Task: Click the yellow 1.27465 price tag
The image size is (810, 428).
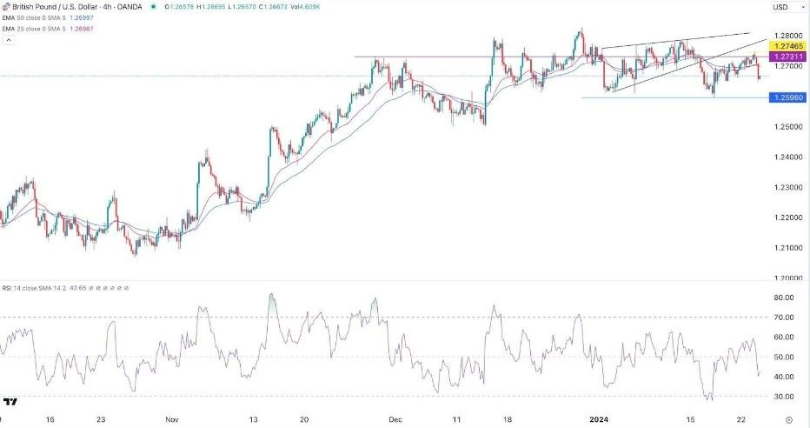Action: coord(786,44)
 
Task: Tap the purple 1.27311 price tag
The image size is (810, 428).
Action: coord(786,56)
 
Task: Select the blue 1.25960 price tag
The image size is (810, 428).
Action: coord(786,97)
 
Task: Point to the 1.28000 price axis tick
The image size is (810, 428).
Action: coord(785,35)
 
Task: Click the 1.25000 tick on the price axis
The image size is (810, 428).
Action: coord(785,127)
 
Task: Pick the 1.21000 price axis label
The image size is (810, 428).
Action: coord(785,248)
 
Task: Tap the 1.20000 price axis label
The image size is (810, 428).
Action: coord(785,278)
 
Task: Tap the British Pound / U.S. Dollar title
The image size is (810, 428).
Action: coord(52,7)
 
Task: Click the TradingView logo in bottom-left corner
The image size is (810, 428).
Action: coord(11,402)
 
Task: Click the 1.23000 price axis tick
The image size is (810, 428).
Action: coord(785,188)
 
